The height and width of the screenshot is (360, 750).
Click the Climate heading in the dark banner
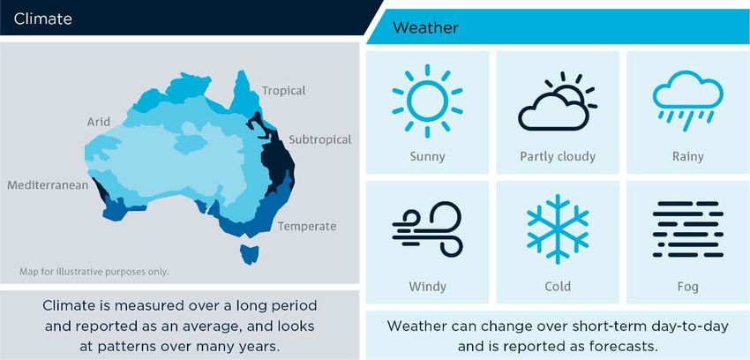click(x=43, y=19)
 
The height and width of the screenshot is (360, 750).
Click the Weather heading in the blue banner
click(x=425, y=27)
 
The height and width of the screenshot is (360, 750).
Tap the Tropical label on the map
click(x=283, y=91)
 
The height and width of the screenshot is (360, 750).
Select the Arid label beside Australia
click(x=99, y=122)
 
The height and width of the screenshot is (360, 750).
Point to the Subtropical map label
click(x=320, y=139)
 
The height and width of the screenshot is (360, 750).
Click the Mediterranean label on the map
click(x=48, y=185)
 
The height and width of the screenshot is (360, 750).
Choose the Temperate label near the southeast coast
click(x=307, y=226)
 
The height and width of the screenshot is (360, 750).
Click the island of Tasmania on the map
click(x=249, y=254)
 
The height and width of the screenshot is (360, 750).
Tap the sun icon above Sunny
click(x=427, y=101)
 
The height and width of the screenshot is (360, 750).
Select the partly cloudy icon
click(x=558, y=101)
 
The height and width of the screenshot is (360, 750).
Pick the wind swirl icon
click(x=427, y=229)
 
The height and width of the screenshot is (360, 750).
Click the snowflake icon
click(x=558, y=229)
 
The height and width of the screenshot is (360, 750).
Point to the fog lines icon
click(x=688, y=229)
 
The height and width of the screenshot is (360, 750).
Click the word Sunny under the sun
click(x=427, y=157)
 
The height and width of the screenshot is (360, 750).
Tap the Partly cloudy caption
click(x=558, y=157)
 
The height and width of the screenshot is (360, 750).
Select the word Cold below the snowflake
click(x=558, y=287)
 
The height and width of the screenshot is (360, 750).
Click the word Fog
click(x=688, y=287)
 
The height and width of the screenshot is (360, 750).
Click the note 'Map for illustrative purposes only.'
click(x=94, y=272)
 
